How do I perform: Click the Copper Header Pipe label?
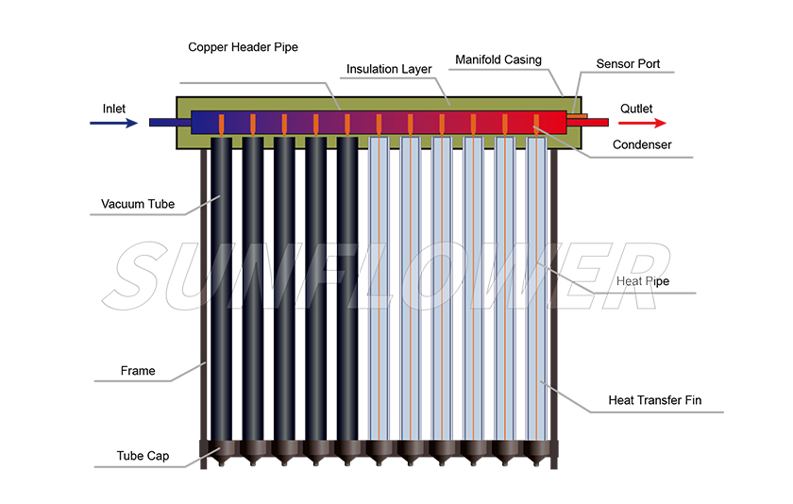point(243,46)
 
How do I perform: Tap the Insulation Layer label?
point(389,69)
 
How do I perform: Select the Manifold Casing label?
point(498,59)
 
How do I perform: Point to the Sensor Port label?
point(628,64)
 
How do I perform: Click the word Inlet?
point(114,109)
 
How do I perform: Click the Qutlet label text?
point(635,109)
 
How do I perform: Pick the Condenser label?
point(642,144)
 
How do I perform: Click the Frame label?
point(138,371)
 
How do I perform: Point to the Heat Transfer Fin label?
point(652,400)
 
